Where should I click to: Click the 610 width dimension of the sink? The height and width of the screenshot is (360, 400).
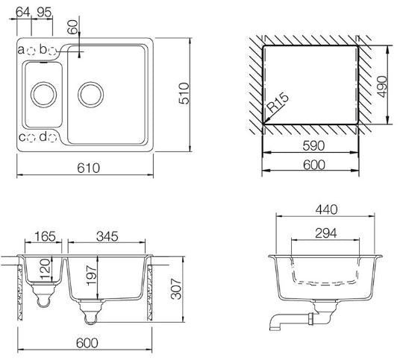point(88,168)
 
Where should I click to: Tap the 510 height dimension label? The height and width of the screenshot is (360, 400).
point(184,93)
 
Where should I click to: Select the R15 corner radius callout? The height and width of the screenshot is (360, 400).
point(278,103)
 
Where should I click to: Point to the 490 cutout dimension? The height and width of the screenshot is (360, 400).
point(382,86)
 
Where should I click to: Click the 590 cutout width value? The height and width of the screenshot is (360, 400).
point(313,146)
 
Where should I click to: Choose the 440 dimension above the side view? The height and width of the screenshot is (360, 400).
point(326,209)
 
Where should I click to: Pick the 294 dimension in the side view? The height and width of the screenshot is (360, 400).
point(326,233)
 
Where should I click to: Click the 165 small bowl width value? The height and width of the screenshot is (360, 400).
point(45,236)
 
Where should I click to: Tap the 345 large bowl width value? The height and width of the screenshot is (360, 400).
point(107,236)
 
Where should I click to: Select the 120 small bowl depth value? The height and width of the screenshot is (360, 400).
point(45,269)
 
